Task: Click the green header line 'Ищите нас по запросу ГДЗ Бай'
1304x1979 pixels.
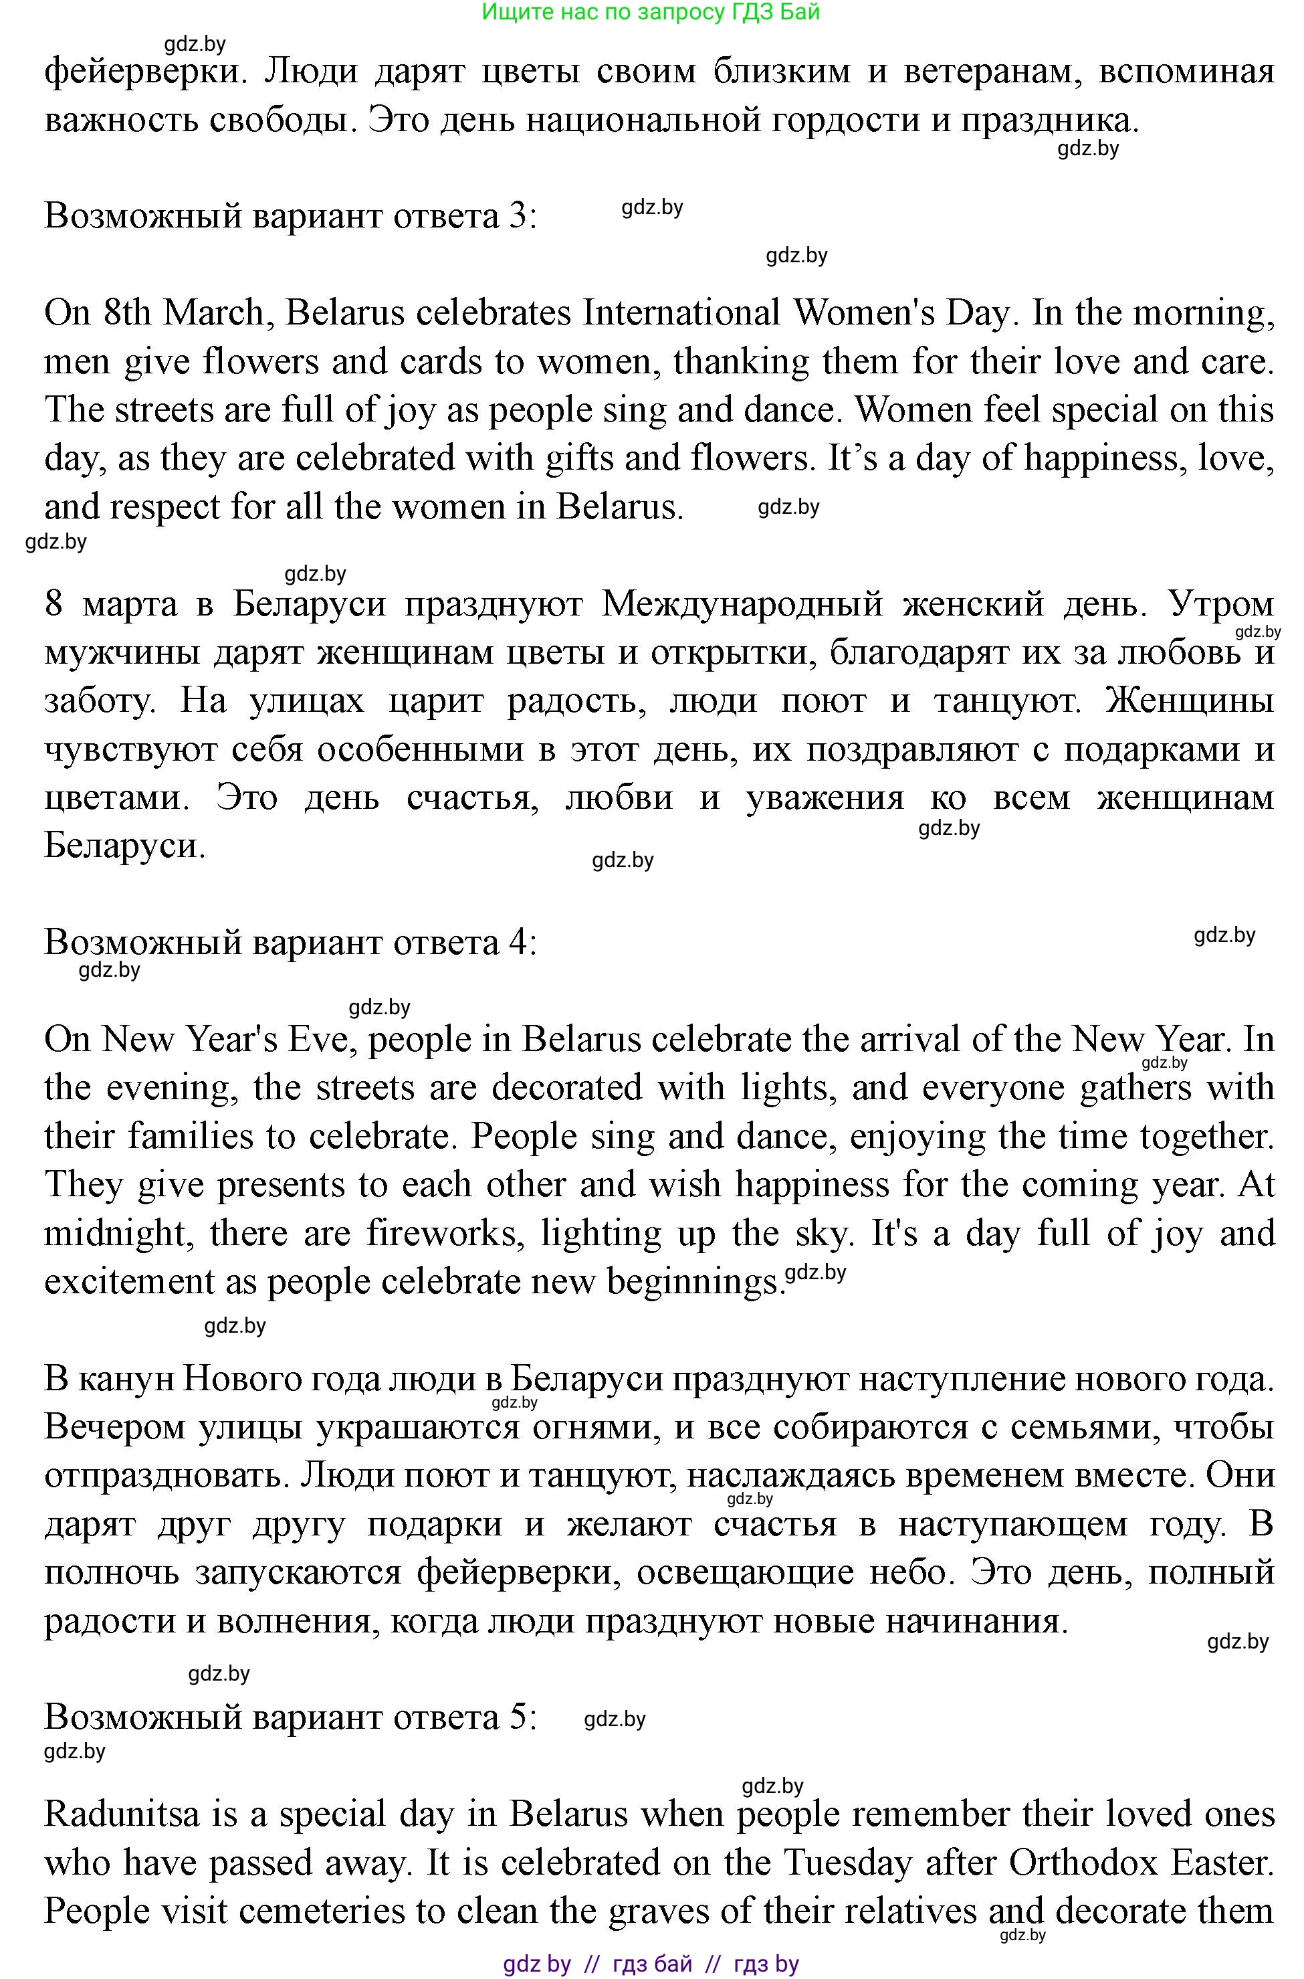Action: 651,11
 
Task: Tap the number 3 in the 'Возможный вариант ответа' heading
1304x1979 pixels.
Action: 516,216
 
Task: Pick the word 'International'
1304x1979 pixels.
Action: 681,314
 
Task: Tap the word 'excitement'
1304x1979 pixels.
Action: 129,1282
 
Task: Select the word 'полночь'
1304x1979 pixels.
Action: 112,1572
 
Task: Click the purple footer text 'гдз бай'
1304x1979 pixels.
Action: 652,1964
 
